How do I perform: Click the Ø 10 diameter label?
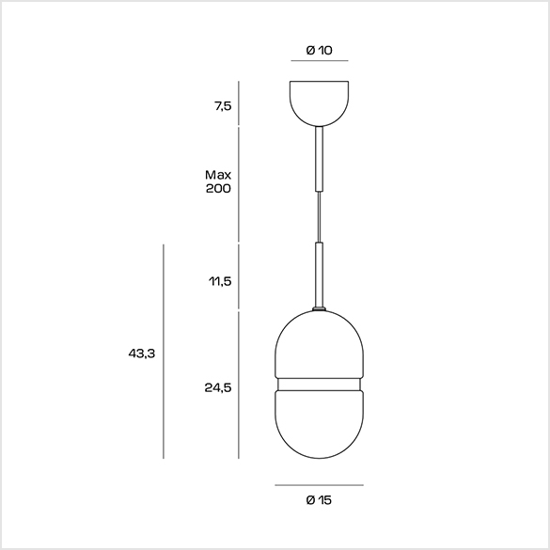[x=319, y=50]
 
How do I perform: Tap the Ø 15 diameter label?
[x=319, y=500]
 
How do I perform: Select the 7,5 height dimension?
[x=224, y=105]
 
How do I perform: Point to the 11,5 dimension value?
[x=221, y=281]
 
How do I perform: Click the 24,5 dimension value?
[x=218, y=387]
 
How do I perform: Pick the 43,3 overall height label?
[x=142, y=354]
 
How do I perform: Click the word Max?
[x=218, y=174]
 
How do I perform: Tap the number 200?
[x=218, y=188]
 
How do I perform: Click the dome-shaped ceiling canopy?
[x=320, y=103]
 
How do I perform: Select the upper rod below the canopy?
[x=320, y=159]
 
